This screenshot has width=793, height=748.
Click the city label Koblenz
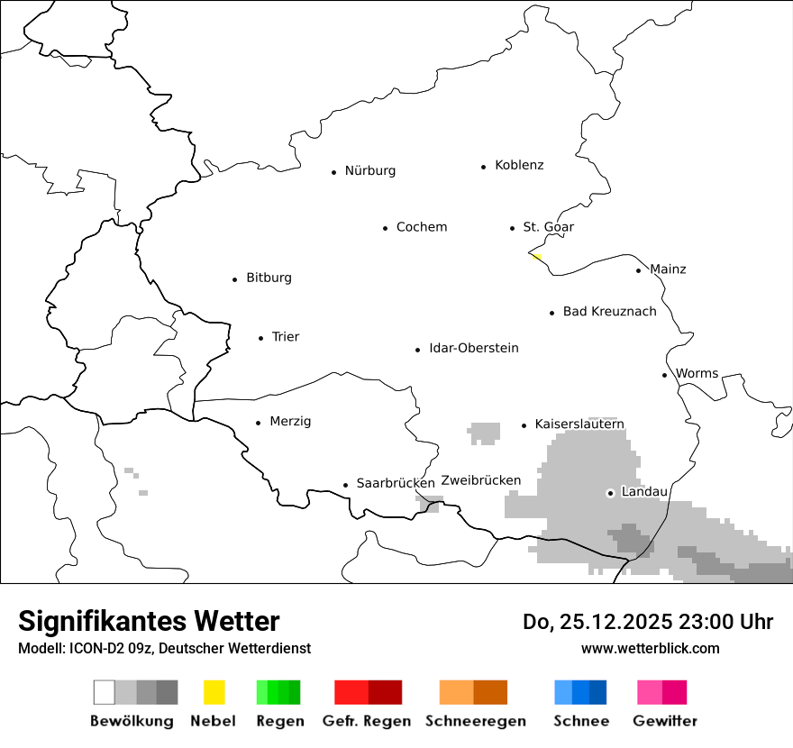pyautogui.click(x=519, y=165)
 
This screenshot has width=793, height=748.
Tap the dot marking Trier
pyautogui.click(x=260, y=338)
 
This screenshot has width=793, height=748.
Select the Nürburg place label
pyautogui.click(x=369, y=170)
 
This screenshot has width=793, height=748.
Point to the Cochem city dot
pyautogui.click(x=385, y=228)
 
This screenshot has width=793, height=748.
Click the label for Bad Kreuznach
pyautogui.click(x=609, y=311)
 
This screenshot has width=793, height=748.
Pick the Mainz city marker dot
pyautogui.click(x=638, y=270)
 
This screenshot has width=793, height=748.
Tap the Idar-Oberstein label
pyautogui.click(x=473, y=348)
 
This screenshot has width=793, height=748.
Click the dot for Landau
pyautogui.click(x=610, y=493)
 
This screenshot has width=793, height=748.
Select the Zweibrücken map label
pyautogui.click(x=480, y=480)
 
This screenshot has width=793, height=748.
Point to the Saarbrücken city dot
pyautogui.click(x=345, y=485)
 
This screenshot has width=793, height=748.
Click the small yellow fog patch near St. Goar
pyautogui.click(x=536, y=256)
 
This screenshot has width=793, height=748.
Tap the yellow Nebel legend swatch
pyautogui.click(x=214, y=692)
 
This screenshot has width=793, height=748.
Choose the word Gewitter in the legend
pyautogui.click(x=664, y=721)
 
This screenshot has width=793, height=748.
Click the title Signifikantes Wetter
pyautogui.click(x=149, y=621)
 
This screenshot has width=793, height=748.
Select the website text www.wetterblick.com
pyautogui.click(x=650, y=648)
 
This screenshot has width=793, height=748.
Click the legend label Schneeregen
pyautogui.click(x=475, y=721)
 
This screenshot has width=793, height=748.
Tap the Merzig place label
pyautogui.click(x=290, y=421)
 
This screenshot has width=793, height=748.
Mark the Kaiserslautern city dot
pyautogui.click(x=524, y=425)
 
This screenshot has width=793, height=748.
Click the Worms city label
pyautogui.click(x=697, y=373)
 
